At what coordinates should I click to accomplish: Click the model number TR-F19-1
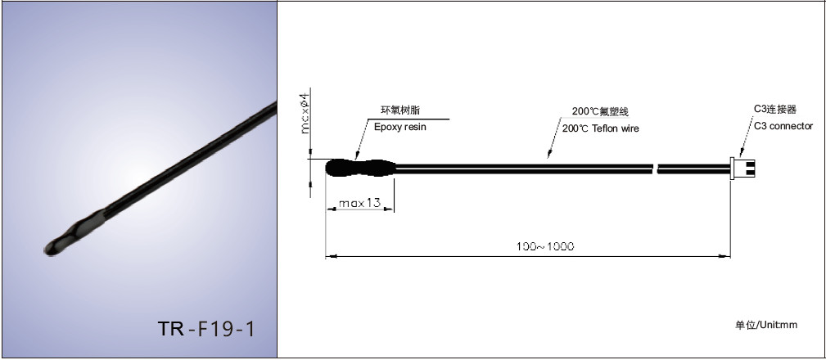coord(206,328)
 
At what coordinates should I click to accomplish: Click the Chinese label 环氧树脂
coord(400,110)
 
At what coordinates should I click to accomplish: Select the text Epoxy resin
coord(399,127)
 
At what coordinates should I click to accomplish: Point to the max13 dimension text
coord(359,203)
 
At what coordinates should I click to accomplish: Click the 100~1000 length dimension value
coord(544,246)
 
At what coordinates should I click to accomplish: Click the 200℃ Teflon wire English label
coord(601,128)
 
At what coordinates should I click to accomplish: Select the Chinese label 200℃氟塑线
coord(601,111)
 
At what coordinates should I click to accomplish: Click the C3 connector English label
coord(783,126)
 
